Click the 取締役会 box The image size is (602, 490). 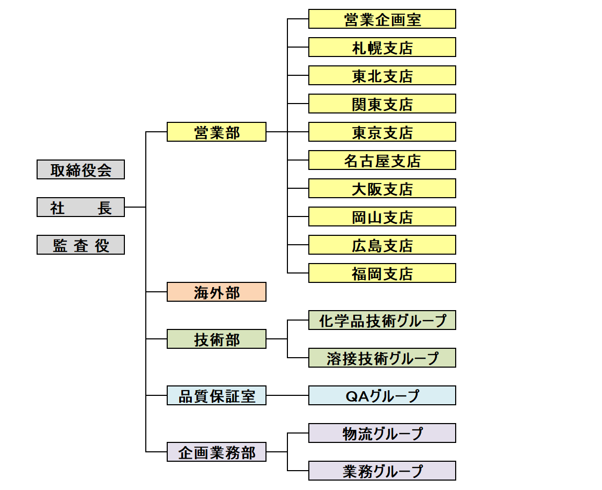pyautogui.click(x=80, y=169)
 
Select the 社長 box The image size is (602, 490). pyautogui.click(x=80, y=207)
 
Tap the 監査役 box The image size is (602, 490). pyautogui.click(x=80, y=245)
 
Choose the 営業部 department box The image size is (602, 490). pyautogui.click(x=216, y=132)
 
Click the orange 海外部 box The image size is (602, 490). pyautogui.click(x=216, y=292)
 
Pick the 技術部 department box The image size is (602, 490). pyautogui.click(x=216, y=339)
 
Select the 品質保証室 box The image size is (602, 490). pyautogui.click(x=216, y=395)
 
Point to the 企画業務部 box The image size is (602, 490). pyautogui.click(x=216, y=452)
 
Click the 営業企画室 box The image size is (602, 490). pyautogui.click(x=382, y=19)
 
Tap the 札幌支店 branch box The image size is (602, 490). pyautogui.click(x=382, y=47)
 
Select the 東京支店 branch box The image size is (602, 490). pyautogui.click(x=382, y=132)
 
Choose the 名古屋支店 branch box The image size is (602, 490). pyautogui.click(x=382, y=160)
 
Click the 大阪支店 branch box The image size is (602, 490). pyautogui.click(x=382, y=188)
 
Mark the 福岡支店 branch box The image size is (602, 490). pyautogui.click(x=382, y=273)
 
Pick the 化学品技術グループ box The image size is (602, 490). pyautogui.click(x=382, y=320)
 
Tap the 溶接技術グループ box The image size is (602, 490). pyautogui.click(x=382, y=358)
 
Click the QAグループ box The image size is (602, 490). pyautogui.click(x=382, y=395)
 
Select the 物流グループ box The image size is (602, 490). pyautogui.click(x=382, y=433)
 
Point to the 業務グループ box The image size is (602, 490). pyautogui.click(x=382, y=471)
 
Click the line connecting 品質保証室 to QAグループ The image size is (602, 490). pyautogui.click(x=287, y=395)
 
